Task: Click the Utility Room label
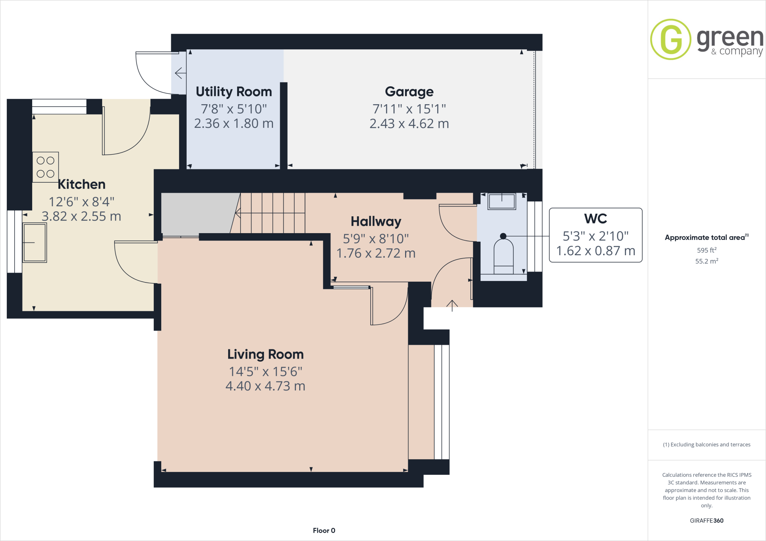(x=234, y=92)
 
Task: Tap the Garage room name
(x=409, y=92)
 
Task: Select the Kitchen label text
(x=82, y=185)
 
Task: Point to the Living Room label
(x=265, y=354)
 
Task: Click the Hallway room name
(x=376, y=222)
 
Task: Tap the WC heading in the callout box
(x=595, y=219)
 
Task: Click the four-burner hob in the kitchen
(x=46, y=167)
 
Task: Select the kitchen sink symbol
(x=34, y=242)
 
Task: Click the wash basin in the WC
(x=502, y=201)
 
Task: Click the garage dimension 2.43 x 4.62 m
(x=409, y=124)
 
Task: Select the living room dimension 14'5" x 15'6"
(x=265, y=372)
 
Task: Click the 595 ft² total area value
(x=706, y=250)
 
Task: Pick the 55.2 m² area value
(x=706, y=261)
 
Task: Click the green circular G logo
(x=671, y=40)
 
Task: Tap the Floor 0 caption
(x=324, y=531)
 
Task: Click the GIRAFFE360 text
(x=706, y=520)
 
